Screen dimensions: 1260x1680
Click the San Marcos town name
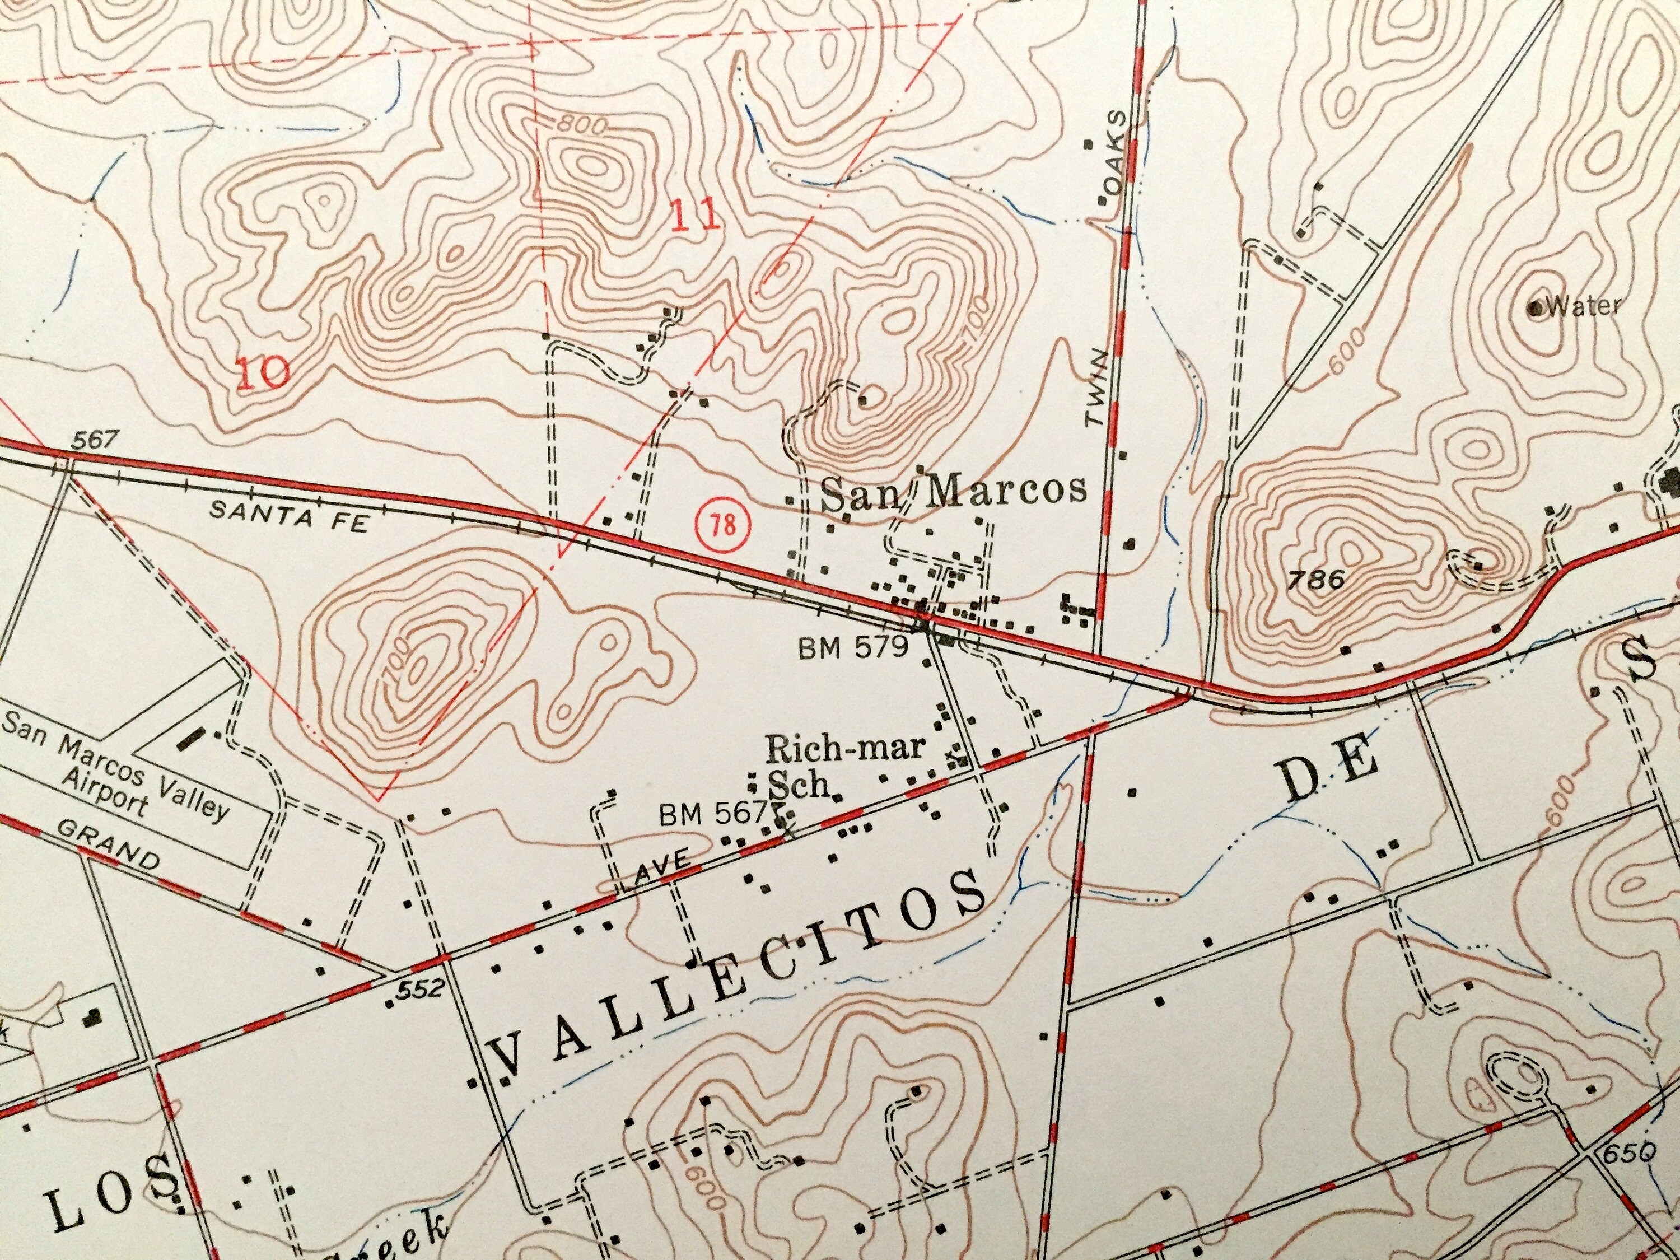point(954,491)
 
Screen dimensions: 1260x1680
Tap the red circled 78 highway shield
point(724,525)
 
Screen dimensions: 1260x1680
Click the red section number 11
point(695,218)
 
